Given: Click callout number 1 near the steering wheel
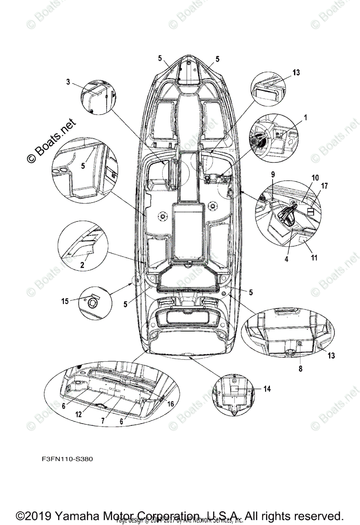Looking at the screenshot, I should tap(305, 117).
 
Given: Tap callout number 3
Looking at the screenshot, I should tap(68, 81).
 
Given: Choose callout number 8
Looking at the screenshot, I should tap(300, 369).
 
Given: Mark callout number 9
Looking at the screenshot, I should tap(273, 174).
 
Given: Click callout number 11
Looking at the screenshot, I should tap(314, 258).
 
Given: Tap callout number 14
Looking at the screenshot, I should tap(267, 388).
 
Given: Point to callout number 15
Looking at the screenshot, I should tap(65, 301).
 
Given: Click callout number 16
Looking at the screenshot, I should tap(171, 404).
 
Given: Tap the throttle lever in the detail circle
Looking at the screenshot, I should tap(286, 216).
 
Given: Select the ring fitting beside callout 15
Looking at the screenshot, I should tap(93, 303).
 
